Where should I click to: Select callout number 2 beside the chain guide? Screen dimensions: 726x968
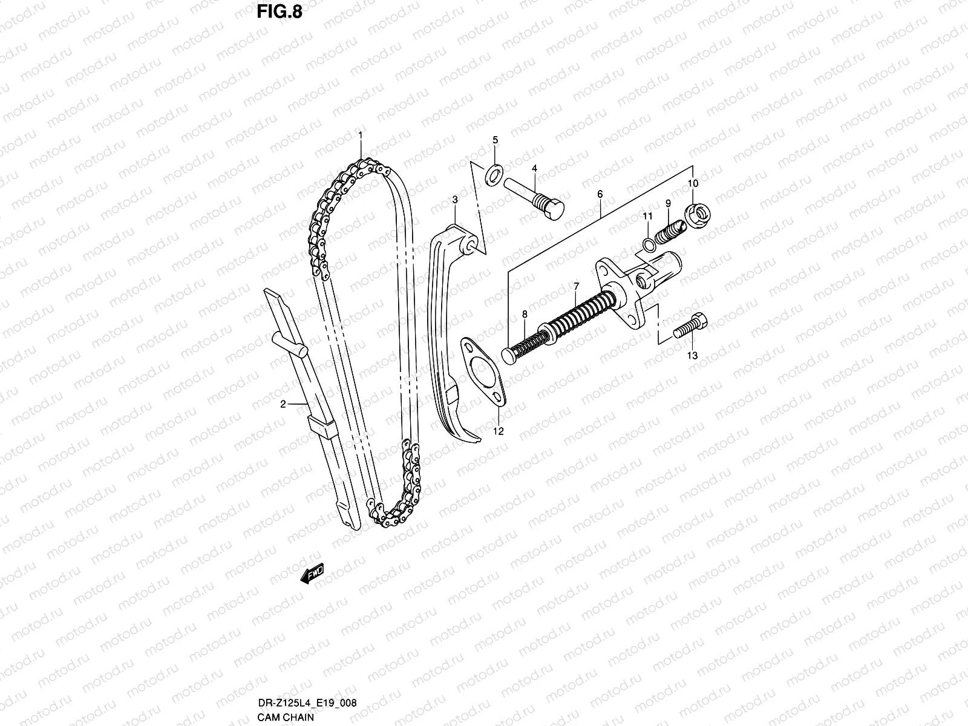tap(283, 405)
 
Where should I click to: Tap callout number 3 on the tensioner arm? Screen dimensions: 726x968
tap(454, 199)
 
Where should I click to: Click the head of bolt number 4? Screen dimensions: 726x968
tap(552, 211)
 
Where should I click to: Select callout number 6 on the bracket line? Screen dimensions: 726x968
tap(600, 194)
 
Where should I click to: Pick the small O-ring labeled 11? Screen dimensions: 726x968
tap(647, 244)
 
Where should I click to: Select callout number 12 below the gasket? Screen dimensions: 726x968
tap(498, 431)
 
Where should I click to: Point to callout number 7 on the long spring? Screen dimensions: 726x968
tap(577, 286)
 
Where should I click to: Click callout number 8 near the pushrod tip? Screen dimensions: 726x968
tap(525, 314)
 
